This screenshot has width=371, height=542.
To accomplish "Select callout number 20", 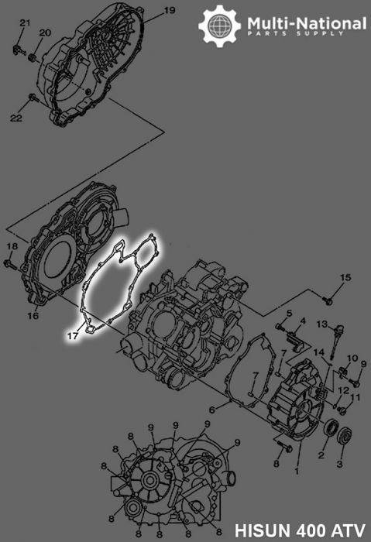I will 44,33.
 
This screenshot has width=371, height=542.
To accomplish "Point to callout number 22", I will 16,117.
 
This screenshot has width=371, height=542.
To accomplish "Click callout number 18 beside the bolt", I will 11,246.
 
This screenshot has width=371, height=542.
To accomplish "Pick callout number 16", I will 33,316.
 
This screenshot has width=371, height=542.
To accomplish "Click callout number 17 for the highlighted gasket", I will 71,337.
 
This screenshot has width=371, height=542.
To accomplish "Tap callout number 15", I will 345,277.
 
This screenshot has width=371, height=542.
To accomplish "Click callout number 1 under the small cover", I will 296,469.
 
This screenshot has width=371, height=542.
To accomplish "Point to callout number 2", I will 320,455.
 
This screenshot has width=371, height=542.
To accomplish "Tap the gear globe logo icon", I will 218,26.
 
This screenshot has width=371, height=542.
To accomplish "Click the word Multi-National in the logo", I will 307,24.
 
